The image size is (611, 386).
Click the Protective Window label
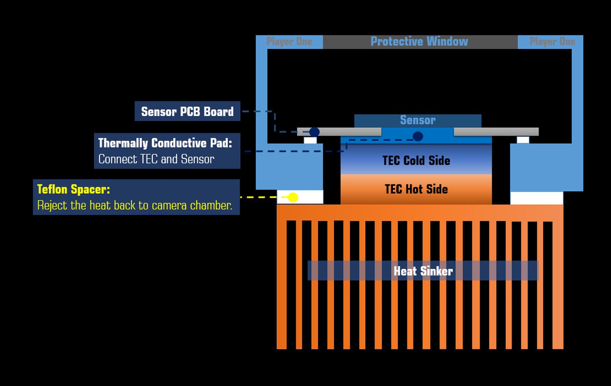[x=419, y=42]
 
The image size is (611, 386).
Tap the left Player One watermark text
[x=289, y=42]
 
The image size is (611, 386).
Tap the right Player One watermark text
[x=552, y=42]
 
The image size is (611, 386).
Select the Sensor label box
[x=418, y=121]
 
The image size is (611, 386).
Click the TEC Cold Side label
[x=416, y=160]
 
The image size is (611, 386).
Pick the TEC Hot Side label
[x=416, y=189]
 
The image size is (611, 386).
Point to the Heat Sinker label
[x=423, y=271]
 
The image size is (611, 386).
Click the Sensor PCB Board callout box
[x=187, y=112]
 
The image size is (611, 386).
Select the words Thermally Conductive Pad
[x=165, y=143]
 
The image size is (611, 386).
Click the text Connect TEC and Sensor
[x=156, y=159]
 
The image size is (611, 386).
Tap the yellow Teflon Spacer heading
[x=74, y=189]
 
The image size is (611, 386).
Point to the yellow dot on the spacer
[x=293, y=197]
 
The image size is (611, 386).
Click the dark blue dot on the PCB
[x=314, y=132]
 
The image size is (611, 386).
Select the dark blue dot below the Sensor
[x=418, y=136]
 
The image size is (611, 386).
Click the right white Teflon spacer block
[x=536, y=198]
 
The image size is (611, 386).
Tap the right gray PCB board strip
[x=496, y=132]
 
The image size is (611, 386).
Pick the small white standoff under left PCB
[x=310, y=140]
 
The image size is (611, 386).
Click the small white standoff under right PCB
[x=523, y=140]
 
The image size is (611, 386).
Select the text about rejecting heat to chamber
[x=135, y=205]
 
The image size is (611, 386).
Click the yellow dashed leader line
[x=261, y=197]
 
